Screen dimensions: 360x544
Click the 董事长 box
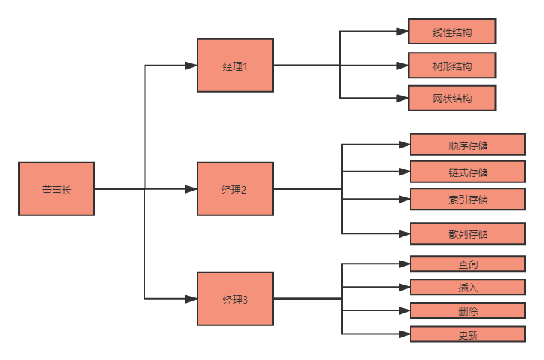coord(57,189)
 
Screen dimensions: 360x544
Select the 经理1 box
coord(235,66)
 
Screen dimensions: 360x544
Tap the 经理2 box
coord(235,189)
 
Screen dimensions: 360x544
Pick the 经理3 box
coord(235,299)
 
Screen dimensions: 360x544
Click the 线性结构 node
coord(452,32)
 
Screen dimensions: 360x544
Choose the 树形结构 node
coord(452,66)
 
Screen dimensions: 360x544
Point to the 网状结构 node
coord(452,98)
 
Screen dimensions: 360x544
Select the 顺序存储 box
coord(467,145)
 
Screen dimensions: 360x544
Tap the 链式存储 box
coord(467,172)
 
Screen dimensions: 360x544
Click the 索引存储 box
coord(467,199)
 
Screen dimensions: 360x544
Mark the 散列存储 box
coord(467,233)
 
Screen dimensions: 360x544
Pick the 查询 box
coord(467,264)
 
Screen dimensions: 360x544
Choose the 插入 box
coord(467,287)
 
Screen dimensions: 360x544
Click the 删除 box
coord(467,310)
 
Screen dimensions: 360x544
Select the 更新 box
coord(467,334)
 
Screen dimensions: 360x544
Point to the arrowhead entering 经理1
coord(191,66)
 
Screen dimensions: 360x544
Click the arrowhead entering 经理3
coord(191,299)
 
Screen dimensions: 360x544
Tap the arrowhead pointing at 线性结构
coord(403,32)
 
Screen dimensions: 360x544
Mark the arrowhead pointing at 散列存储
coord(405,233)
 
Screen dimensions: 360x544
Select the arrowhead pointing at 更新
coord(405,334)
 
